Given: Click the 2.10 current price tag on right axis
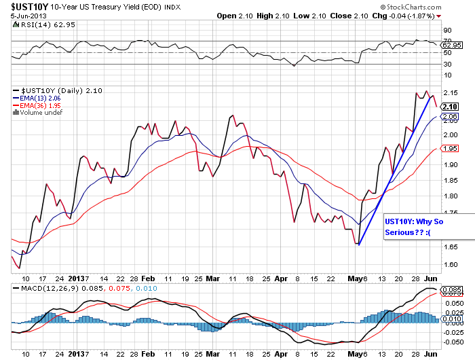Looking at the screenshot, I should (449, 107).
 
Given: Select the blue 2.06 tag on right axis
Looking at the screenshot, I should (449, 117).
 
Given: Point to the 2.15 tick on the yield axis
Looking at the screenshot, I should (449, 92).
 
